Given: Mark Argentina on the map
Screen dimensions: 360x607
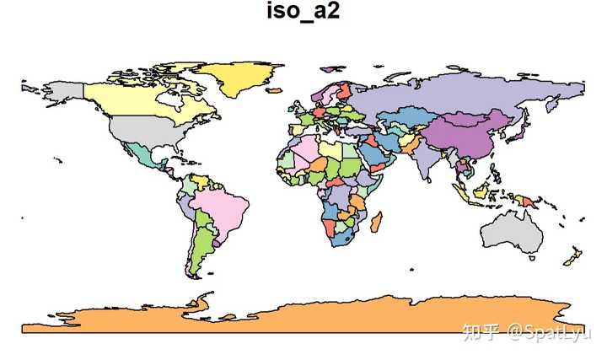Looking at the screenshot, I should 196,253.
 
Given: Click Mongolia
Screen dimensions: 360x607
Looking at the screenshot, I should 459,117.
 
